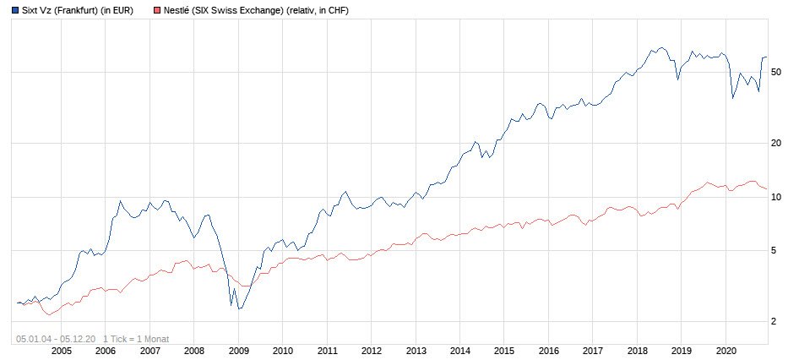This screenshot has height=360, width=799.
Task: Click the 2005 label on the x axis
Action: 61,350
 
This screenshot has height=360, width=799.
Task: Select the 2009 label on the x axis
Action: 238,350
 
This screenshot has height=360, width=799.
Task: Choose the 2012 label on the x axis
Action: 371,350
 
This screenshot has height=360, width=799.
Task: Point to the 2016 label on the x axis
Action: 548,350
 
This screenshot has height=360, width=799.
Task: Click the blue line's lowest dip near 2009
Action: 239,309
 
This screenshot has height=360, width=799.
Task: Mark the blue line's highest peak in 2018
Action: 661,48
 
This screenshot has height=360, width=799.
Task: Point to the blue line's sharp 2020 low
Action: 732,99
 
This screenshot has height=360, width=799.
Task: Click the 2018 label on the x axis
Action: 637,350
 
